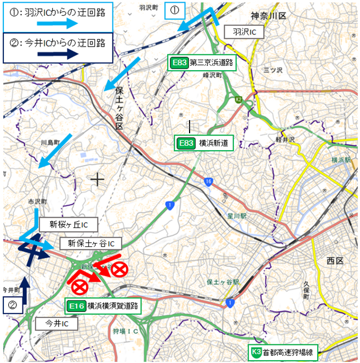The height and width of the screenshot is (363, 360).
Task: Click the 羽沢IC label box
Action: [244, 32]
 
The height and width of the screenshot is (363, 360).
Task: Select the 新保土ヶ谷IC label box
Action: [91, 243]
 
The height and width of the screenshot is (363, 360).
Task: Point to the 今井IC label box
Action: [56, 324]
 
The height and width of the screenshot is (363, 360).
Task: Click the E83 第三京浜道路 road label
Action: [202, 63]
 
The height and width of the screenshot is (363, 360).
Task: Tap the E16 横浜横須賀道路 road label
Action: [102, 305]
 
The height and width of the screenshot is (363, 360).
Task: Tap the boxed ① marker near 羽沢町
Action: [175, 10]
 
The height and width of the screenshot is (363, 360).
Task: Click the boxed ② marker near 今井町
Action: [13, 303]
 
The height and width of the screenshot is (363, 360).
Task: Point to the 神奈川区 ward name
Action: [269, 16]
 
